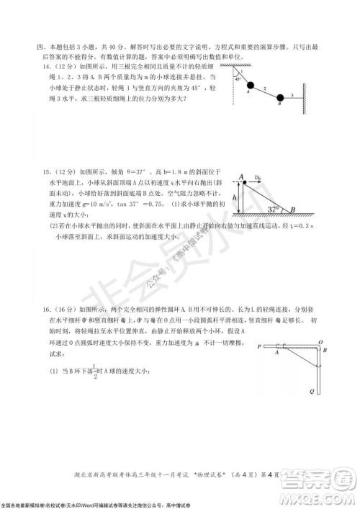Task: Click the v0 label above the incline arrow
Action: (258, 174)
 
